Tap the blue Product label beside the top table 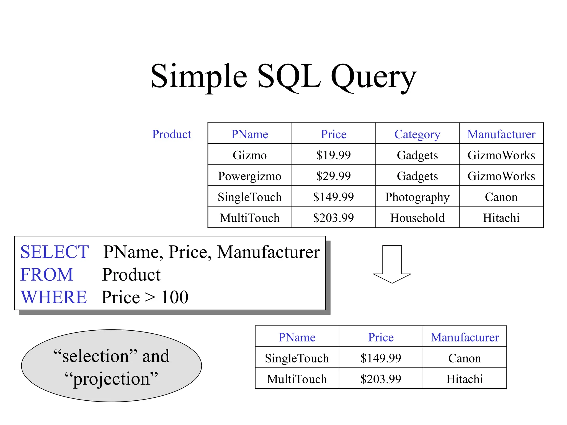tap(172, 134)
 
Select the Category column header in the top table tap(417, 134)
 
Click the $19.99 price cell tap(333, 155)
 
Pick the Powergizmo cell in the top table tap(249, 176)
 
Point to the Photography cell tap(417, 197)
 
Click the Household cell tap(417, 218)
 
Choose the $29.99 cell tap(333, 176)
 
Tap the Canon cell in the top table tap(501, 197)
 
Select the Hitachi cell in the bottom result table tap(464, 379)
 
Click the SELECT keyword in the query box tap(55, 252)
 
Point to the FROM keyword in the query tap(47, 275)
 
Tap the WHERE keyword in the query tap(54, 297)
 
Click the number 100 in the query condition tap(174, 297)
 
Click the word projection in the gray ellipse tap(111, 379)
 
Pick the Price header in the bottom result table tap(381, 337)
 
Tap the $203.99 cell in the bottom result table tap(381, 379)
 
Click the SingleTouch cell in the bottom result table tap(297, 358)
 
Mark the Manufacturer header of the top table tap(501, 134)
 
